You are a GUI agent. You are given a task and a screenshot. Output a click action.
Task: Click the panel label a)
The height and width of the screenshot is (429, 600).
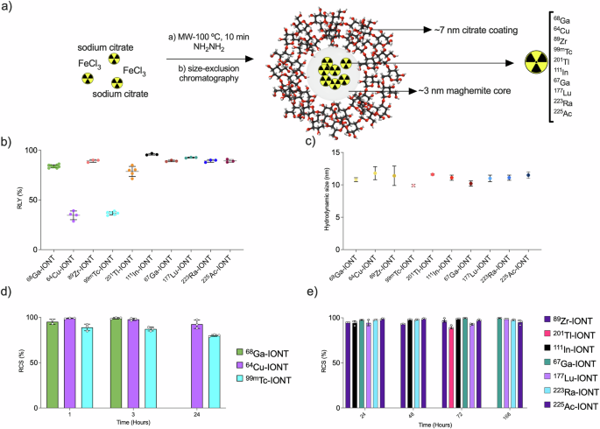tap(9, 10)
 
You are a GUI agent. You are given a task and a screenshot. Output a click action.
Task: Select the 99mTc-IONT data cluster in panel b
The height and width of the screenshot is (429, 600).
tap(111, 214)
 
